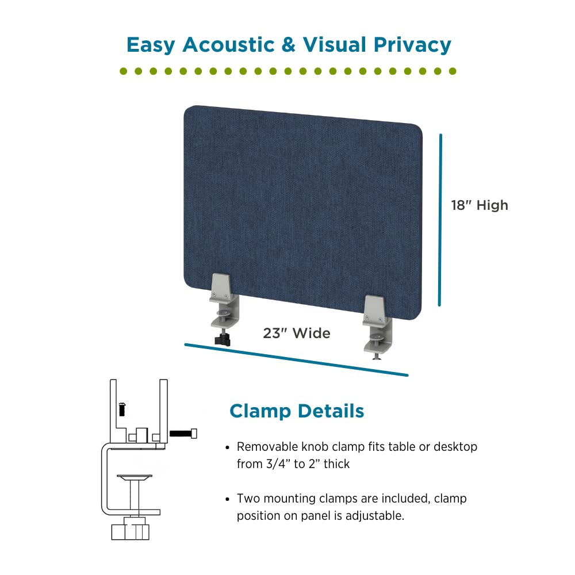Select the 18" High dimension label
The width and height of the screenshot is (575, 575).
point(480,205)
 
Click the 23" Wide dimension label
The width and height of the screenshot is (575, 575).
point(297,333)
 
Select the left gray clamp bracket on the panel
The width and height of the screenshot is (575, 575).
point(224,299)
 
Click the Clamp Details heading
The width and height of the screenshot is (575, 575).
point(297,411)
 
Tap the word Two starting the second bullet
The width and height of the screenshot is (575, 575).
point(248,499)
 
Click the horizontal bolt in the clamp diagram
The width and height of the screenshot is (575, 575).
point(183,433)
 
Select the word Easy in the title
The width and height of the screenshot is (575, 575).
point(151,44)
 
